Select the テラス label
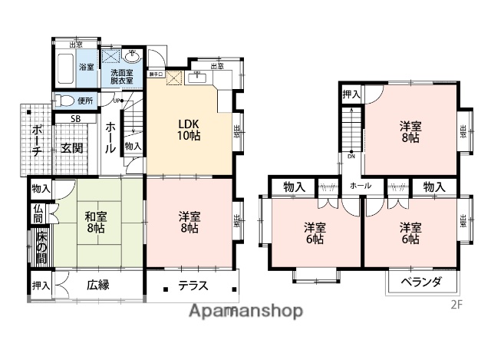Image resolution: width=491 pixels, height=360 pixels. coord(193,286)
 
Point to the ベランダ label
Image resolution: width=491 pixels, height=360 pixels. coord(421,282)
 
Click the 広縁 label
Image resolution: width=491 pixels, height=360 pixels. coord(97,286)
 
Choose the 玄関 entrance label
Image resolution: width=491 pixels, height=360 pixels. coord(72,147)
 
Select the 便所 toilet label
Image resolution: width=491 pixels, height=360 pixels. coord(84,100)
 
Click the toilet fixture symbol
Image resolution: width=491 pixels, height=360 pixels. coord(65,100)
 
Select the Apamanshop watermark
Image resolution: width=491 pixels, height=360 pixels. coord(245,310)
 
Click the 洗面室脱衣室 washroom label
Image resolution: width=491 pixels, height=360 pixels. coord(120,76)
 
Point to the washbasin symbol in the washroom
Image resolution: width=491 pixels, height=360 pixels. coord(133,56)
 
